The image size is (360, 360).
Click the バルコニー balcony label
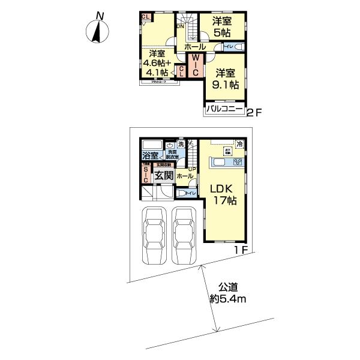coord(224,109)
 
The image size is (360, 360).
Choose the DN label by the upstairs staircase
coord(180,26)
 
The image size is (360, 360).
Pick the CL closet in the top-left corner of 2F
coord(146,17)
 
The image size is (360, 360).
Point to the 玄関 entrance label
coord(163,175)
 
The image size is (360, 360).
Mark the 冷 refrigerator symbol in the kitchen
coord(239,144)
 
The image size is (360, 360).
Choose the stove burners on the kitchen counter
coord(238,162)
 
